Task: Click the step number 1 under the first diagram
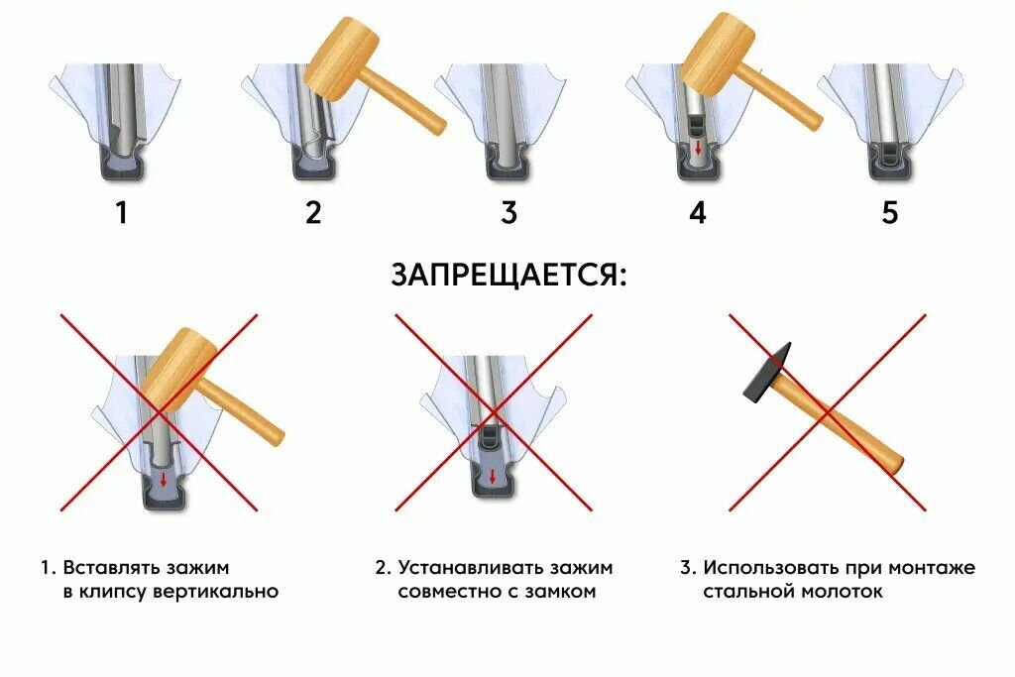point(121,213)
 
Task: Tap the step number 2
point(313,213)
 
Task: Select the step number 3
point(508,213)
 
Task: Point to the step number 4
point(698,213)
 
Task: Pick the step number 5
point(889,213)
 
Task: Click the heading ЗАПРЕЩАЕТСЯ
point(507,275)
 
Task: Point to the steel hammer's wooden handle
point(847,427)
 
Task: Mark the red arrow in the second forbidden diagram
point(493,477)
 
